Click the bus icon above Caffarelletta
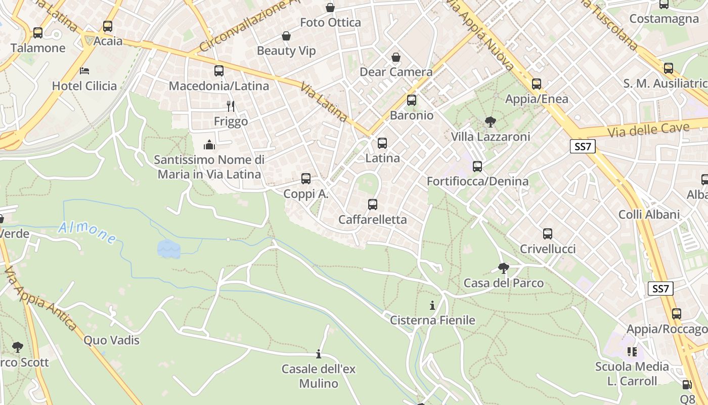373,205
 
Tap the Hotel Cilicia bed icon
84,70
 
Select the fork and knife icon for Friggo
231,106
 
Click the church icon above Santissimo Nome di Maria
209,145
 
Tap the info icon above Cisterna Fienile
432,305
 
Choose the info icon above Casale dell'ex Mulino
319,354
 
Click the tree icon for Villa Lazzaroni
490,121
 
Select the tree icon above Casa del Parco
503,268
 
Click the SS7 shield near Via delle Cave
583,147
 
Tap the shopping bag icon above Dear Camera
396,57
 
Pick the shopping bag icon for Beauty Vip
286,36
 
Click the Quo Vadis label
111,340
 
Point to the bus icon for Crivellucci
548,234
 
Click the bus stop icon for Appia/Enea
537,84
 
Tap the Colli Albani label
649,214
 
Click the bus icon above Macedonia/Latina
219,71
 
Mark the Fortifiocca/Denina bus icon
477,166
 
